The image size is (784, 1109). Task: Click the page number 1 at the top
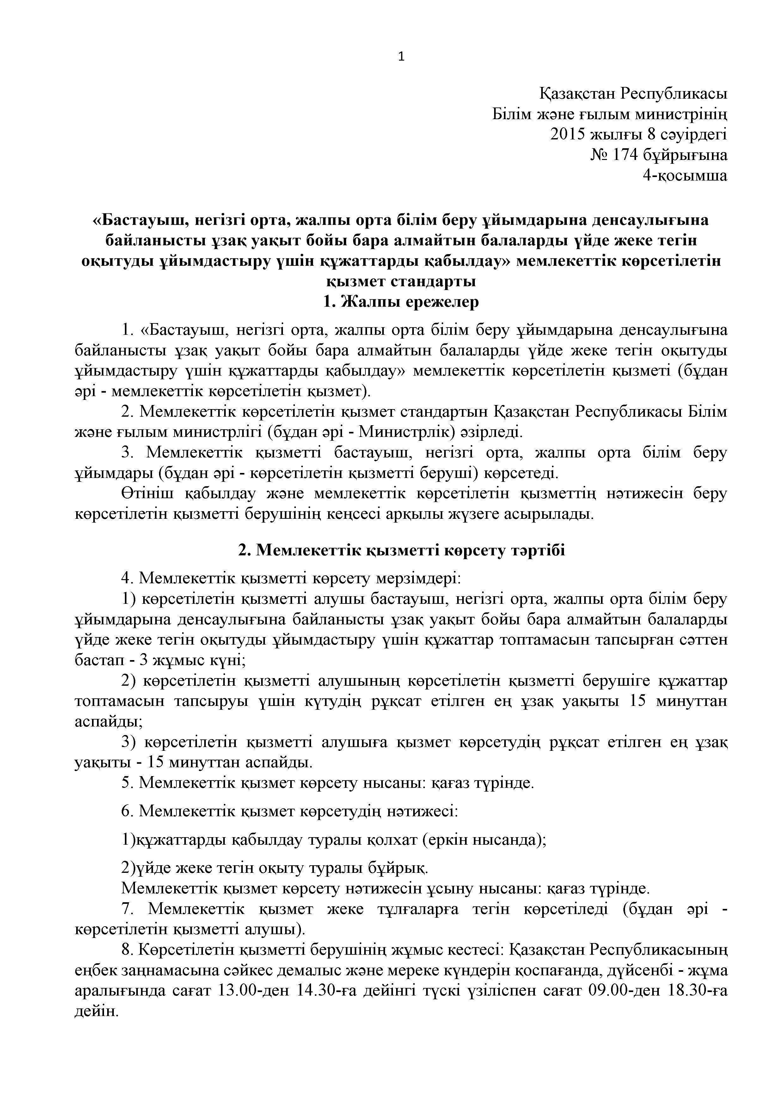coord(401,57)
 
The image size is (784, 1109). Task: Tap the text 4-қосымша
coord(684,175)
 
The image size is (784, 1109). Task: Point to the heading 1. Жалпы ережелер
coord(401,302)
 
